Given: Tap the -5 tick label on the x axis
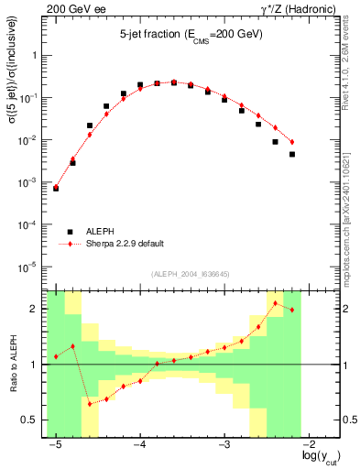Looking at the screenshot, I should click(55, 444).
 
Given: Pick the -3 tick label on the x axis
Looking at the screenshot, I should click(224, 444).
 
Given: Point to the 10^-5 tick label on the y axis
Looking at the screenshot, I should click(32, 267).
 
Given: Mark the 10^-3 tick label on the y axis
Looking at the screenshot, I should click(32, 182).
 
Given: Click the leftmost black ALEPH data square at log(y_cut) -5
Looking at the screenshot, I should click(56, 188).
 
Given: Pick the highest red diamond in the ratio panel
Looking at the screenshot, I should click(276, 303).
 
